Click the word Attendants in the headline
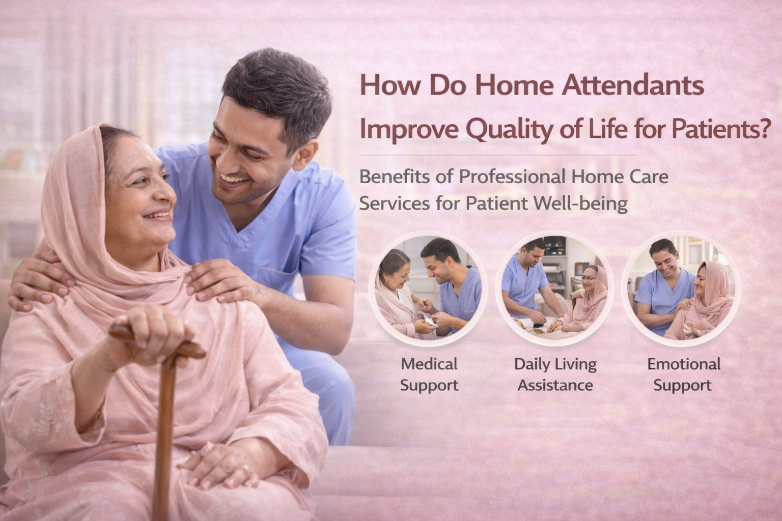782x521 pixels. click(633, 85)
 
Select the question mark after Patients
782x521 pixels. click(765, 128)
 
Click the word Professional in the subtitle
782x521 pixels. click(512, 177)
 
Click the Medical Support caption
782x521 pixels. click(429, 374)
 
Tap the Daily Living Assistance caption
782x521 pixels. click(555, 374)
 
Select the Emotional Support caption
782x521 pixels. click(684, 374)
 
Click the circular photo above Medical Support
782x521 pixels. click(428, 288)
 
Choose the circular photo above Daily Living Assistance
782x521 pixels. click(555, 288)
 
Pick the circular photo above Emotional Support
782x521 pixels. click(682, 288)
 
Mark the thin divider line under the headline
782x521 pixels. click(497, 155)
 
